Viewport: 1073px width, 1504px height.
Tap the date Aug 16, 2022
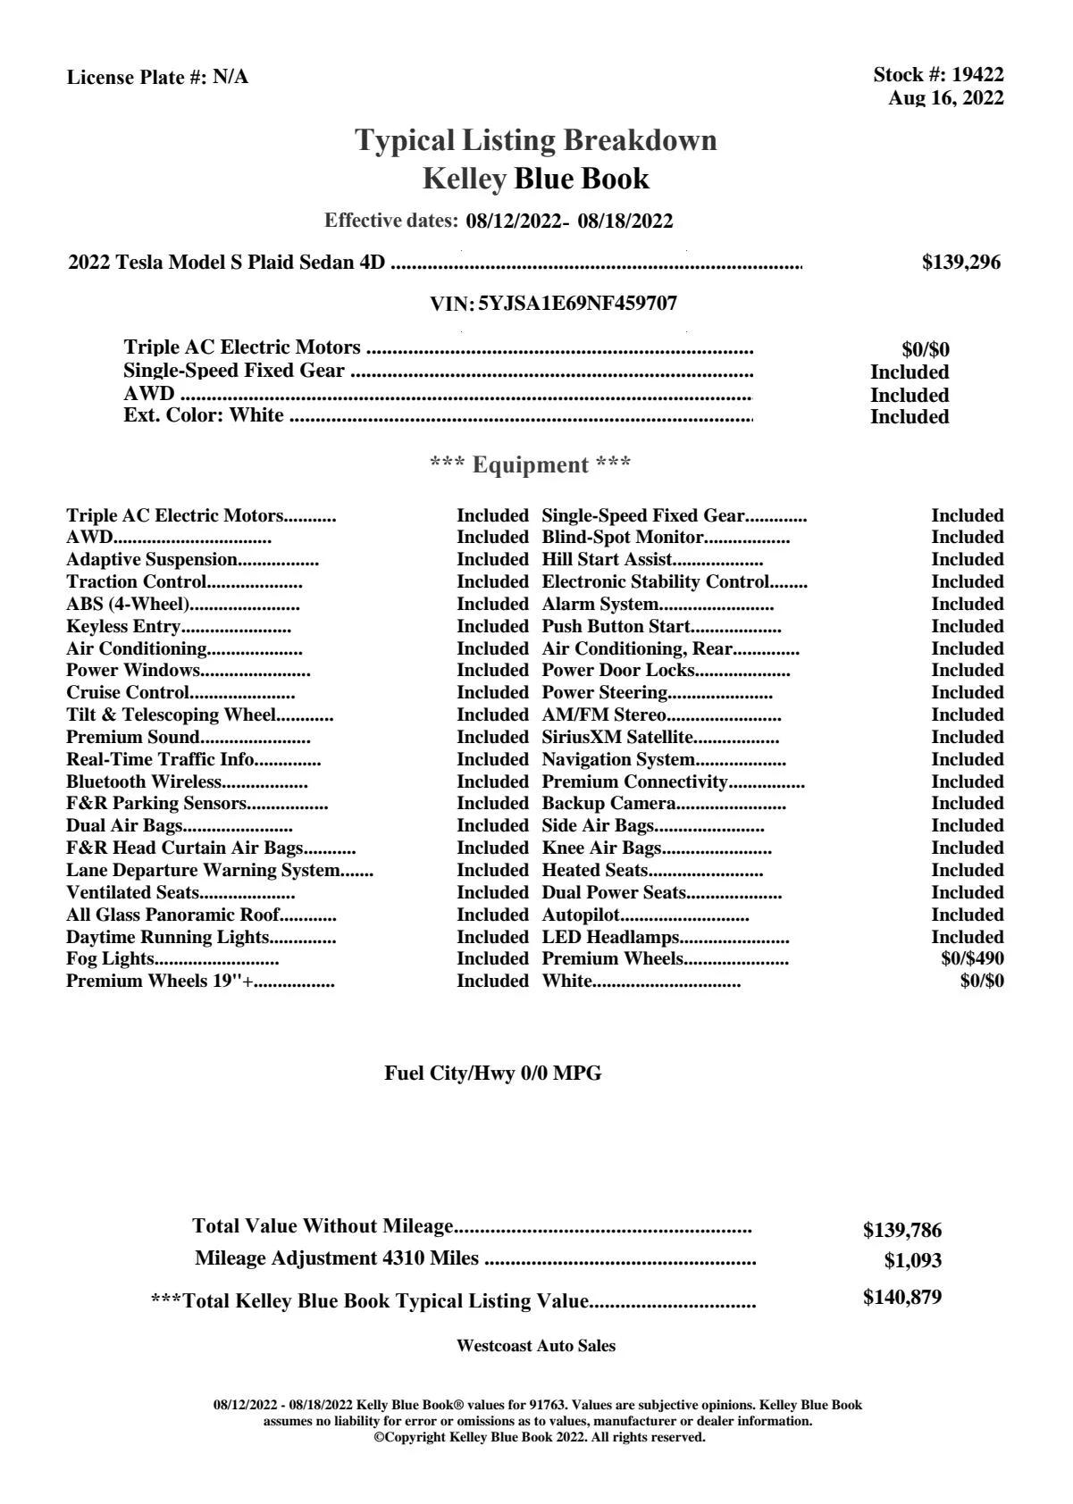(x=945, y=98)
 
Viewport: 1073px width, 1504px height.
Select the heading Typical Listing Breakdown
(x=536, y=140)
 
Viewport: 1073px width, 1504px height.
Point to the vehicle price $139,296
(x=960, y=263)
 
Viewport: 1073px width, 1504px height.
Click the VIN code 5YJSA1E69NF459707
(x=577, y=304)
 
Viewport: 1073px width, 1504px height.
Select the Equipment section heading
(x=531, y=465)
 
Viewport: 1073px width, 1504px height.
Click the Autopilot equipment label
(x=581, y=915)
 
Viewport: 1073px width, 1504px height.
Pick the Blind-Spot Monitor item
(x=623, y=538)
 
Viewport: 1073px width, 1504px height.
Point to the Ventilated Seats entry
(x=133, y=893)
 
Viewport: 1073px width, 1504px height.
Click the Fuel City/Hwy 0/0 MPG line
(x=493, y=1074)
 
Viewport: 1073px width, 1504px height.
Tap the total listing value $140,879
(x=901, y=1298)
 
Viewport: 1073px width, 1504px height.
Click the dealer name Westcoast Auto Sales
(x=536, y=1346)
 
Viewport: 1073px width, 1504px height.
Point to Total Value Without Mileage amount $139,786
(x=901, y=1231)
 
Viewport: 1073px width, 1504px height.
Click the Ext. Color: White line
(x=204, y=416)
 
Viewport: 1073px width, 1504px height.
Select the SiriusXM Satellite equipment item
(x=617, y=738)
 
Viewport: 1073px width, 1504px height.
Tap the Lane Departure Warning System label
(x=203, y=871)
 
